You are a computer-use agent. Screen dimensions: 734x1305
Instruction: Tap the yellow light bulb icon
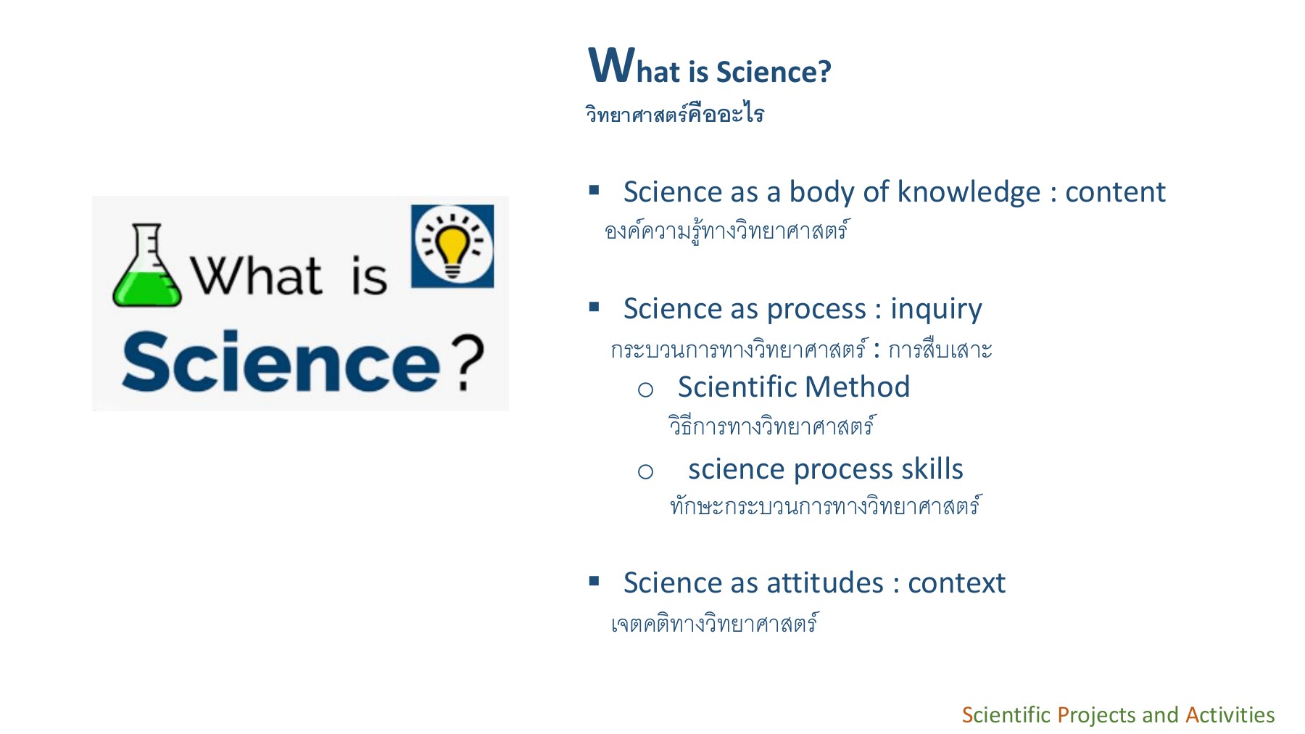452,247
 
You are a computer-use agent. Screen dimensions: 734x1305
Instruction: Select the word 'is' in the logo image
368,276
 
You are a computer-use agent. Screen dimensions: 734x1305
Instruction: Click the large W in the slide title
611,65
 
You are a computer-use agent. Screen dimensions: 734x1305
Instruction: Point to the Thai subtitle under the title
674,115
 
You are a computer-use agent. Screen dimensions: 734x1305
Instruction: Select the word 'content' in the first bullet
1114,193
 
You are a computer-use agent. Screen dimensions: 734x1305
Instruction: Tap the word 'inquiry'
935,310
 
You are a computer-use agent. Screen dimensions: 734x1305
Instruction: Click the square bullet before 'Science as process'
594,307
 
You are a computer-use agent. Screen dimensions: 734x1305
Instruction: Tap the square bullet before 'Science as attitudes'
594,581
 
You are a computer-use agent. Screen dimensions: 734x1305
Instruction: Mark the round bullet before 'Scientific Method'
645,390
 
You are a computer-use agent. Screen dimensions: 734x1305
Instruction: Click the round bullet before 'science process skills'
645,472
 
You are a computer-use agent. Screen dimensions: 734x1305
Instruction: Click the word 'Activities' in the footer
1230,715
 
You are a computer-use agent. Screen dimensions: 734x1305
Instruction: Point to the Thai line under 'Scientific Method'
771,426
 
